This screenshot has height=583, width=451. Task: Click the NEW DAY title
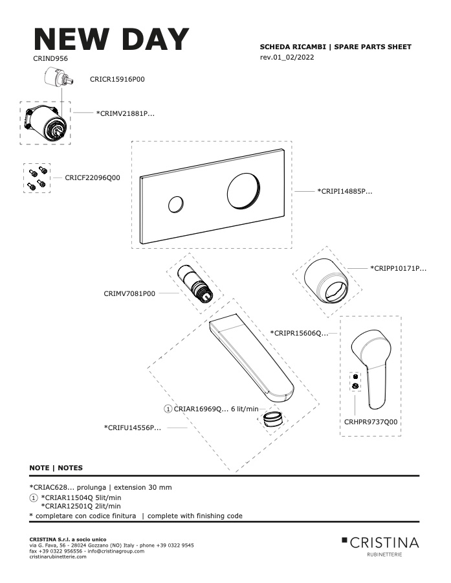coord(111,39)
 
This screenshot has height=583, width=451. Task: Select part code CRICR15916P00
coord(117,79)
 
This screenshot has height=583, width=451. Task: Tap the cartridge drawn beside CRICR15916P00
coord(57,78)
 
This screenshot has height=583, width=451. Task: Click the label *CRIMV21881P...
coord(125,113)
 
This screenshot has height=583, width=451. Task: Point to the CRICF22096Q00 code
coord(93,177)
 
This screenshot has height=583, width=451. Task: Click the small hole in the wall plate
coord(175,205)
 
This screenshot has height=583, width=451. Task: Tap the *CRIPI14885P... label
coord(344,192)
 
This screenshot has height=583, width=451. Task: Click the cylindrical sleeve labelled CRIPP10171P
coord(327,281)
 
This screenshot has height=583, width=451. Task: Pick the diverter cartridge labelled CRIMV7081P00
coord(195,284)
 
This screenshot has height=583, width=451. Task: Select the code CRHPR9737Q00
coord(371,422)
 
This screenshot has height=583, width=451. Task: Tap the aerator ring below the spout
coord(273,419)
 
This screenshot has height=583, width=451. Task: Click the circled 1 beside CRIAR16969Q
coord(168,409)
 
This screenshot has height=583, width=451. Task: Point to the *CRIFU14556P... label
coord(132,428)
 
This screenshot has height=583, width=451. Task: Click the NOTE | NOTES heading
coord(56,468)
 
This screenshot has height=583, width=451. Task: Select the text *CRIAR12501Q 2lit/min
coord(81,506)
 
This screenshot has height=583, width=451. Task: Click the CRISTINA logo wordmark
coord(380,542)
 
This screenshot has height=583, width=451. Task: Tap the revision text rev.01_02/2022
coord(287,57)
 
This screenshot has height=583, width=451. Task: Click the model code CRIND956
coord(50,58)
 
